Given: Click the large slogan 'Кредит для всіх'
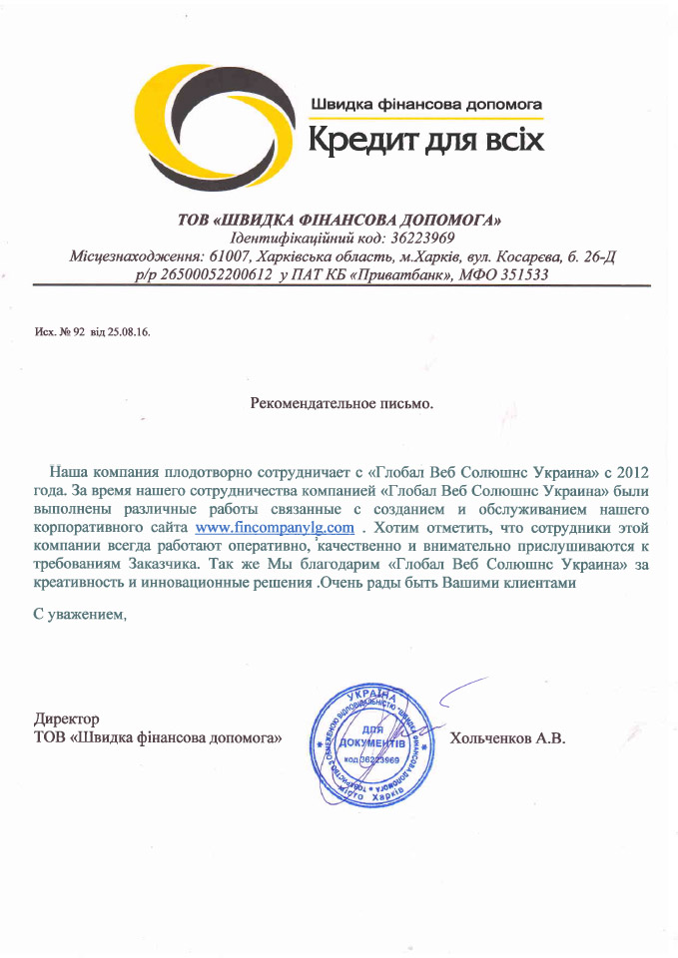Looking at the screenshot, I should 426,137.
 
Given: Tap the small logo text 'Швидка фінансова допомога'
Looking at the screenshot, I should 426,103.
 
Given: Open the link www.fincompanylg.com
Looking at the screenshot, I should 276,526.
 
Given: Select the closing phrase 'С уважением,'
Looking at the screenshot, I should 81,614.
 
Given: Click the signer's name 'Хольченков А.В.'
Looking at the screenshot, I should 508,738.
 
